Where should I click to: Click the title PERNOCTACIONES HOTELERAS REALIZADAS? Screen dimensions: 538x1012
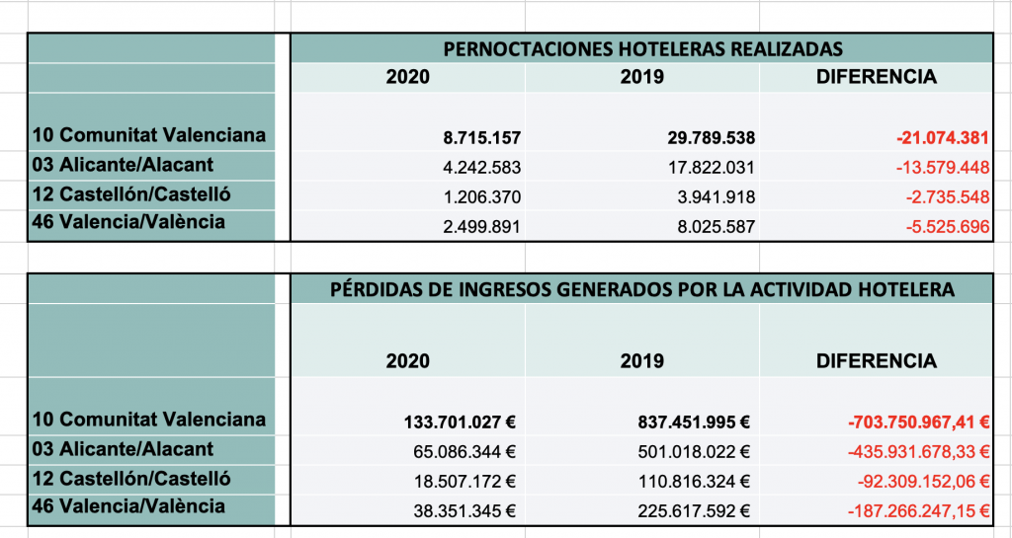click(x=642, y=49)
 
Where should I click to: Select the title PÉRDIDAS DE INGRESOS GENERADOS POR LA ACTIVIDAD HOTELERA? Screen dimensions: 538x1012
click(x=642, y=289)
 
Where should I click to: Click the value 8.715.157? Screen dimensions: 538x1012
click(x=482, y=138)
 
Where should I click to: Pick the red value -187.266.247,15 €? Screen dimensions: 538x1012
click(x=918, y=510)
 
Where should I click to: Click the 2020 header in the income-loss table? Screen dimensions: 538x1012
click(x=408, y=360)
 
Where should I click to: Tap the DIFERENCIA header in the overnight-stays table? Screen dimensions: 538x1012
click(x=877, y=77)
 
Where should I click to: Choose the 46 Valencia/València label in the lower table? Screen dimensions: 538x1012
click(x=128, y=506)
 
